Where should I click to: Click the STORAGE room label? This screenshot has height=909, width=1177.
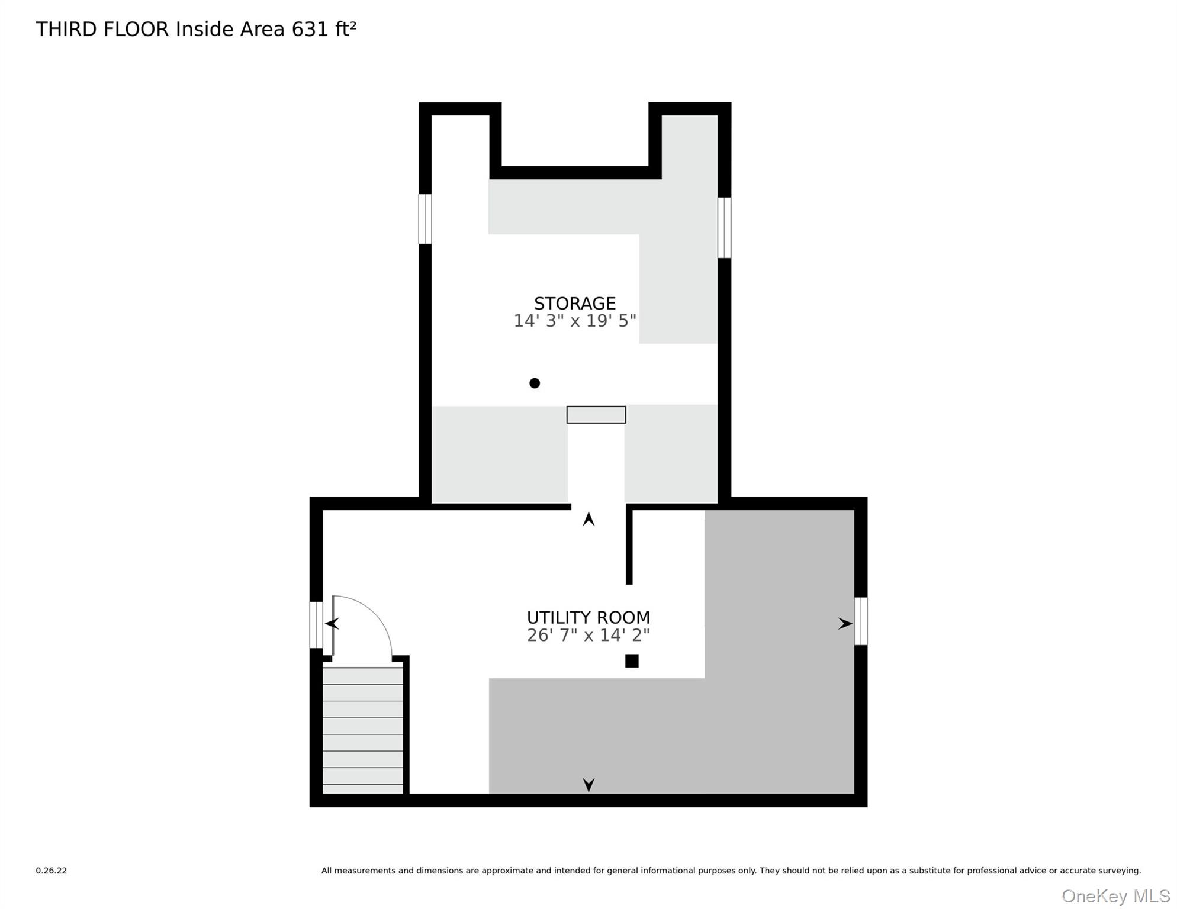[574, 304]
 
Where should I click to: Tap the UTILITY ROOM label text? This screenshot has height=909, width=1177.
[588, 617]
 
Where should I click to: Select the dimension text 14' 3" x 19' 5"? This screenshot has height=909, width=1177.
[574, 321]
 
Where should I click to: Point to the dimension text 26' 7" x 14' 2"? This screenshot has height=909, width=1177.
[588, 635]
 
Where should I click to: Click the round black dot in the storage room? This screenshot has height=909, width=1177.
[535, 383]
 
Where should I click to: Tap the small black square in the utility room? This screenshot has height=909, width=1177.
[632, 661]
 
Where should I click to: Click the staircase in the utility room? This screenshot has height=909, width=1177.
[362, 731]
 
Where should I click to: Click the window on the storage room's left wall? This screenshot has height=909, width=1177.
[425, 219]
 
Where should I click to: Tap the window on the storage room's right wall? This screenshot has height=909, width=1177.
[724, 228]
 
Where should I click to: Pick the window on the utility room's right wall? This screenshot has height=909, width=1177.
[861, 621]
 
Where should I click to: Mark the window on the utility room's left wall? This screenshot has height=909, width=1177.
[316, 625]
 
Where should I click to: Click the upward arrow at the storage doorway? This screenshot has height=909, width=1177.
[588, 519]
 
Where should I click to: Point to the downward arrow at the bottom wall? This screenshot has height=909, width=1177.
[588, 785]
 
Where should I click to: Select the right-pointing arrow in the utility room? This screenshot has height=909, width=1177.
[845, 623]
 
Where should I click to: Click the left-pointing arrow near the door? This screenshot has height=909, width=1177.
[332, 623]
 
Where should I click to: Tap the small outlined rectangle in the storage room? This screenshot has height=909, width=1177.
[596, 415]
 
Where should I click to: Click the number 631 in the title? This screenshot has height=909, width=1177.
[310, 29]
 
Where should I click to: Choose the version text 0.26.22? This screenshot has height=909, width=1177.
[52, 871]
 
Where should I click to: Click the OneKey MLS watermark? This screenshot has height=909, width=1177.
[1115, 897]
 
